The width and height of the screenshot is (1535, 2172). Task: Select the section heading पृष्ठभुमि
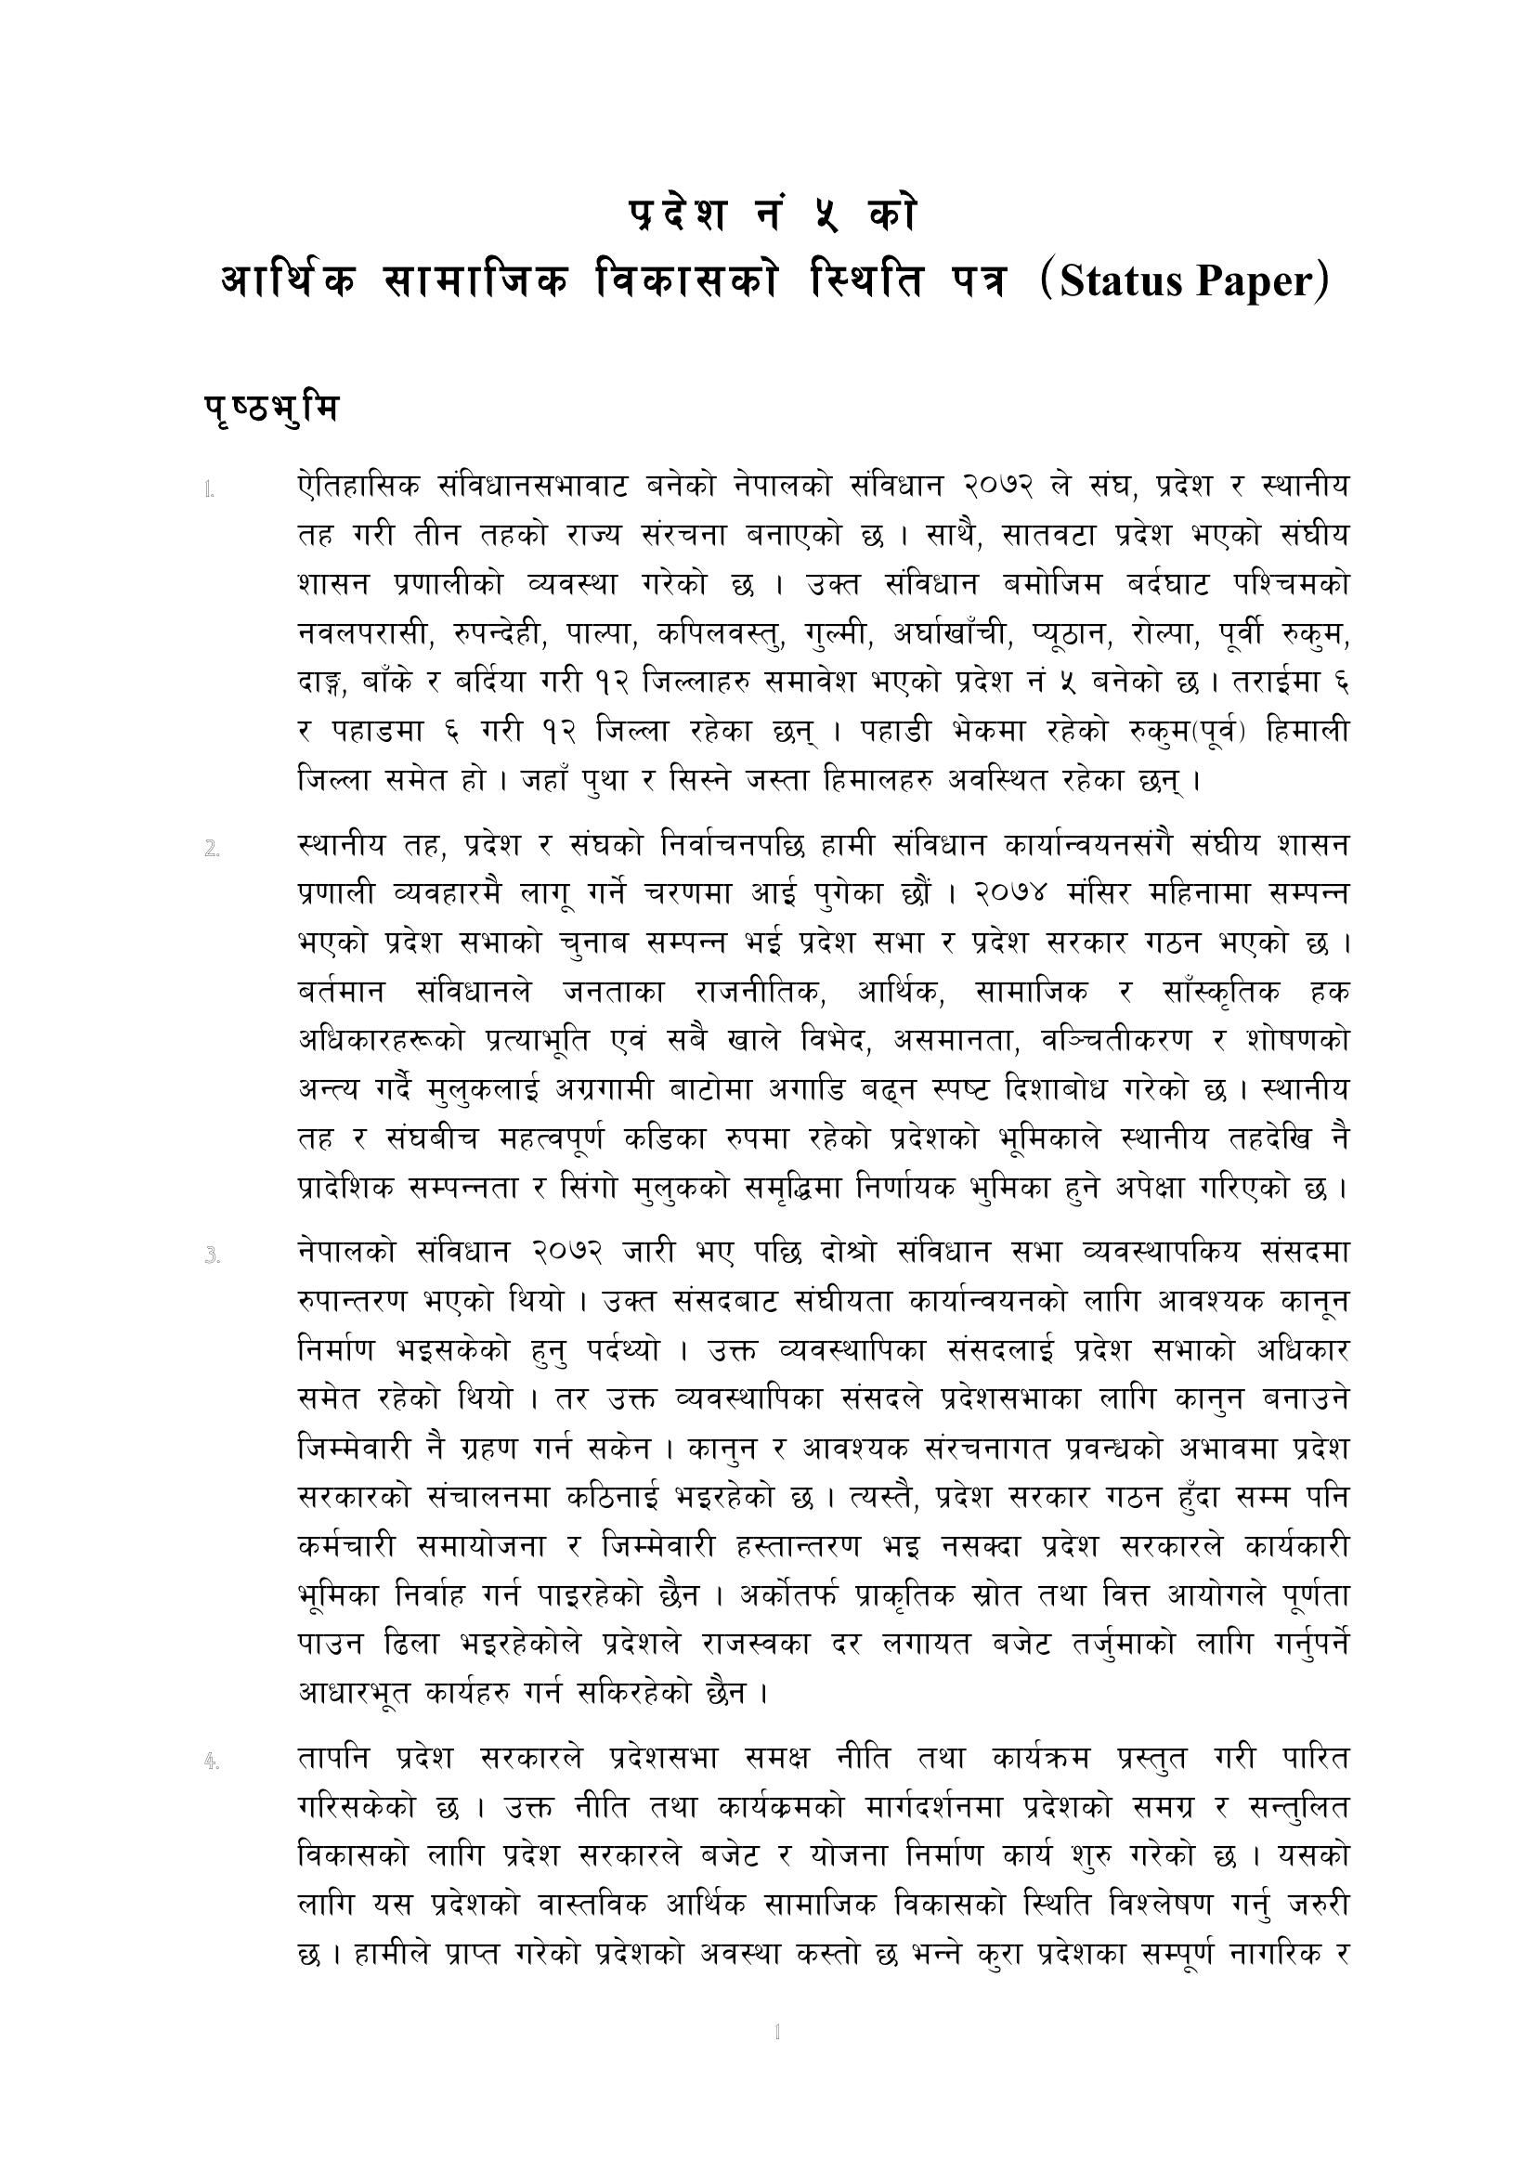pyautogui.click(x=270, y=411)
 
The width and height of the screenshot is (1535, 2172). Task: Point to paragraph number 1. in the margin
pyautogui.click(x=209, y=490)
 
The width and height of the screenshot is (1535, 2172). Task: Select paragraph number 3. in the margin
pyautogui.click(x=212, y=1256)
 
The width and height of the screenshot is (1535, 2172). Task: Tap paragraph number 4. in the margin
pyautogui.click(x=212, y=1762)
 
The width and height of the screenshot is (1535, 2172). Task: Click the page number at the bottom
pyautogui.click(x=776, y=2032)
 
